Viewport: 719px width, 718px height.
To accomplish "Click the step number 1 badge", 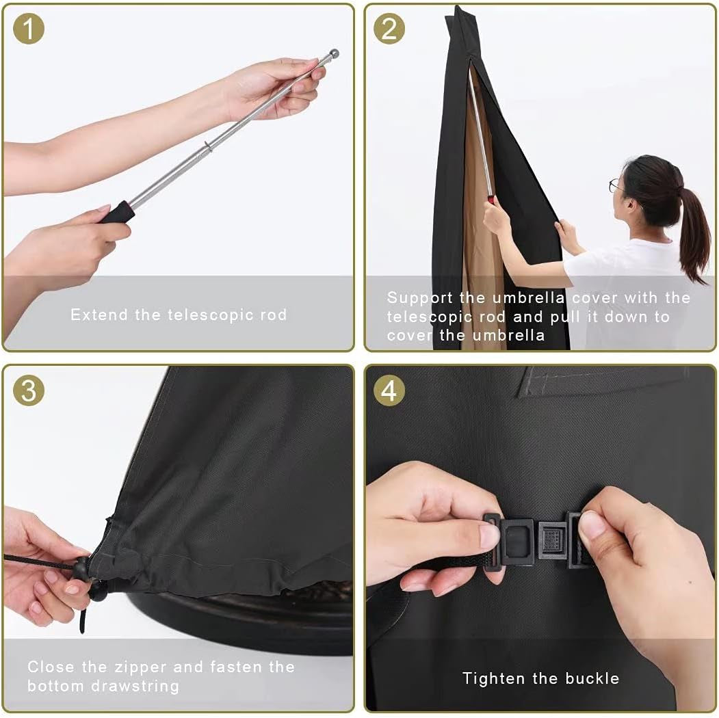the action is coord(29,29).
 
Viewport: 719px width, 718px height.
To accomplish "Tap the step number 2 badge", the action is coord(389,29).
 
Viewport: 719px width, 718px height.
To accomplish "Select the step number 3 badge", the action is coord(29,390).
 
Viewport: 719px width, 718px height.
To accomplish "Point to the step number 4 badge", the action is coord(389,390).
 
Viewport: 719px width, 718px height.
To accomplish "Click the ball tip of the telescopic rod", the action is coord(335,53).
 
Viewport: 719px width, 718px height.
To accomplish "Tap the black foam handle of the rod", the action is coord(116,212).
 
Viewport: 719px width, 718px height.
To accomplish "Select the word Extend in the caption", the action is coord(99,315).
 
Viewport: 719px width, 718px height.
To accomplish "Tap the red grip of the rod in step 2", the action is coord(492,199).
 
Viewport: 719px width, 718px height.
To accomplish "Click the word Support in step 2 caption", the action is coord(420,298).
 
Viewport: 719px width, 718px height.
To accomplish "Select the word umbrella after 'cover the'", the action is coord(508,335).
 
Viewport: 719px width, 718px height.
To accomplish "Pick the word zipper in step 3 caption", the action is coord(140,667).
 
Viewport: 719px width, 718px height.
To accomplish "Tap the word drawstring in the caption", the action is coord(135,687).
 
